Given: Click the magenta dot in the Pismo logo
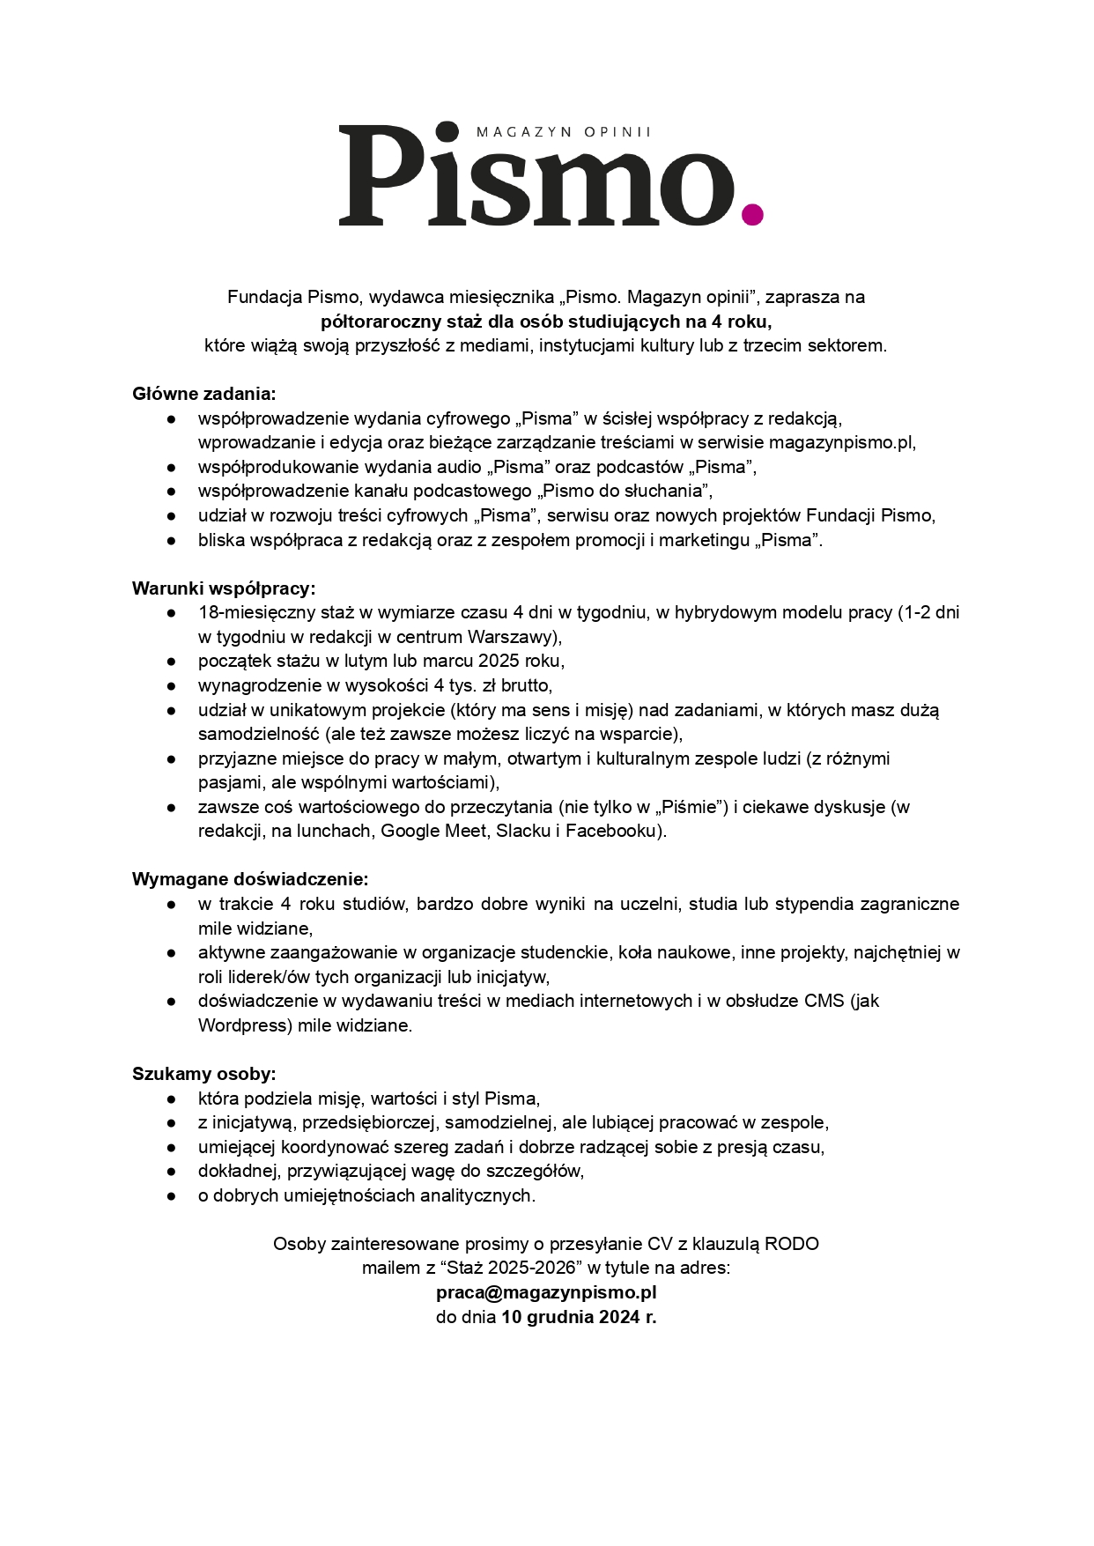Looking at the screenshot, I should point(752,213).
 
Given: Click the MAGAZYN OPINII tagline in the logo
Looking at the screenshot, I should point(562,132).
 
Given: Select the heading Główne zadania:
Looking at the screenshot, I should point(204,394).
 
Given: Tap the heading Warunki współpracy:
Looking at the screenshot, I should point(224,588).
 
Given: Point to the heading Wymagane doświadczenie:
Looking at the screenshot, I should point(250,879).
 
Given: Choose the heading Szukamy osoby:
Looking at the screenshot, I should point(204,1074).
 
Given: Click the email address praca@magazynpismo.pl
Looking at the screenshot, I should point(546,1293).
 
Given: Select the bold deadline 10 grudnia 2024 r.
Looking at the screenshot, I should point(579,1318).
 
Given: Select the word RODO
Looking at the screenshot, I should point(792,1244).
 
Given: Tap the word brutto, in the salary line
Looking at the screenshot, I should point(526,685).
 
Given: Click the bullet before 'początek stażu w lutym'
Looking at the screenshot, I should point(173,661).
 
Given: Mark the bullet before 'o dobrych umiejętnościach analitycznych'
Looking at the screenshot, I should point(173,1195).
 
